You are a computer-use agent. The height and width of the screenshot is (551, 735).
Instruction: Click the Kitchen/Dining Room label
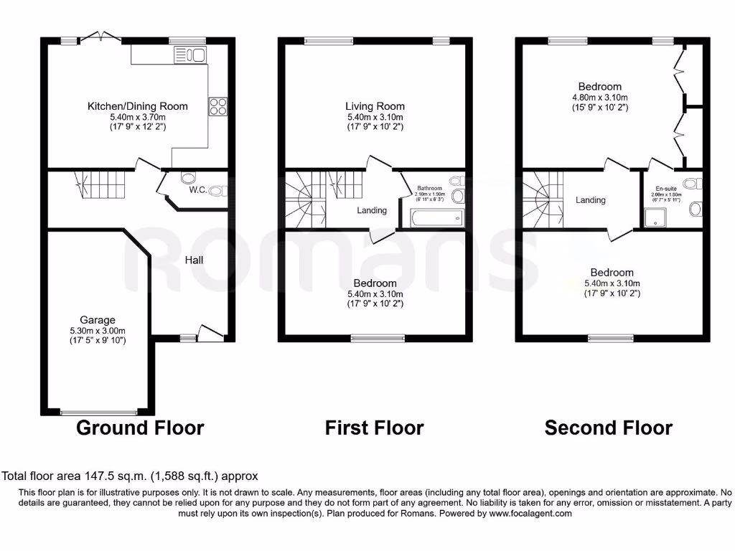(137, 106)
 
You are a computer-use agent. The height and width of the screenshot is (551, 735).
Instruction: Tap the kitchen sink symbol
(190, 55)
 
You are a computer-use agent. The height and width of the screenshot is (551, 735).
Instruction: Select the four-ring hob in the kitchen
(218, 106)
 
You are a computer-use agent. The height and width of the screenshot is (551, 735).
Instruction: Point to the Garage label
(97, 320)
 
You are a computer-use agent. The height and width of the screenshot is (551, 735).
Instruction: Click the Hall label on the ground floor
(194, 260)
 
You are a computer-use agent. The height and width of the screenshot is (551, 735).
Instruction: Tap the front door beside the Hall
(211, 332)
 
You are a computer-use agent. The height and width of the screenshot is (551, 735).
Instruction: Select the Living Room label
(375, 106)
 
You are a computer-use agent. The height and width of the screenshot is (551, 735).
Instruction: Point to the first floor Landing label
(372, 210)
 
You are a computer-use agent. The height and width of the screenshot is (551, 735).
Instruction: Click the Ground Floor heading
(140, 428)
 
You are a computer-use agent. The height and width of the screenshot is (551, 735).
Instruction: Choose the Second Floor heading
(608, 428)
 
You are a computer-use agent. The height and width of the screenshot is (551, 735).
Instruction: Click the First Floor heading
(374, 428)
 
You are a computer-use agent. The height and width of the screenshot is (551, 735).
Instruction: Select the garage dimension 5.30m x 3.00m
(97, 331)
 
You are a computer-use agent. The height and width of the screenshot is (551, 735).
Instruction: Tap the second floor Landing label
(590, 200)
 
